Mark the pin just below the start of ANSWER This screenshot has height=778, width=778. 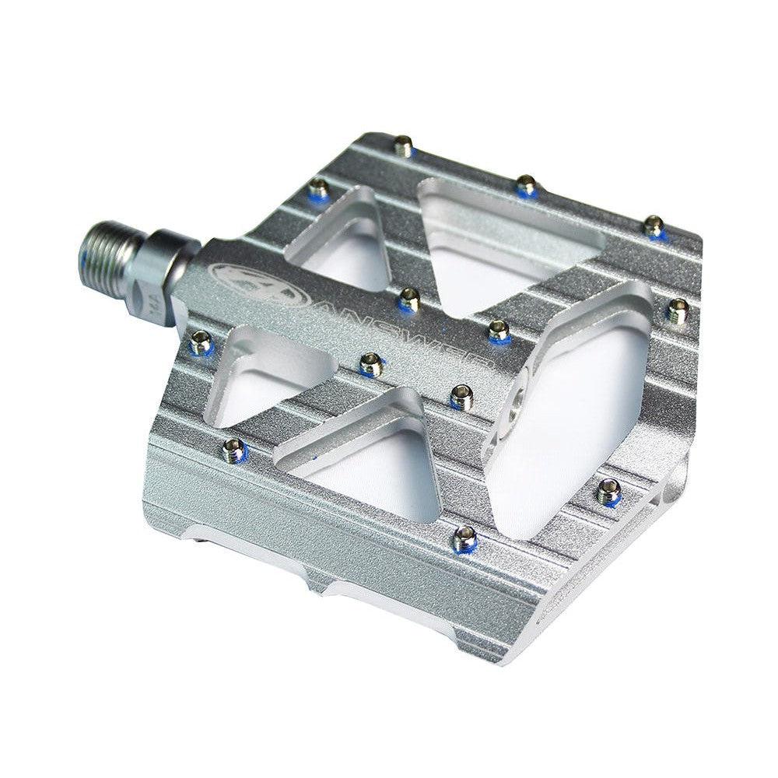point(371,363)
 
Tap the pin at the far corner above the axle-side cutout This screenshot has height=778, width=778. point(318,187)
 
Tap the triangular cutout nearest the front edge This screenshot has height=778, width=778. point(366,459)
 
